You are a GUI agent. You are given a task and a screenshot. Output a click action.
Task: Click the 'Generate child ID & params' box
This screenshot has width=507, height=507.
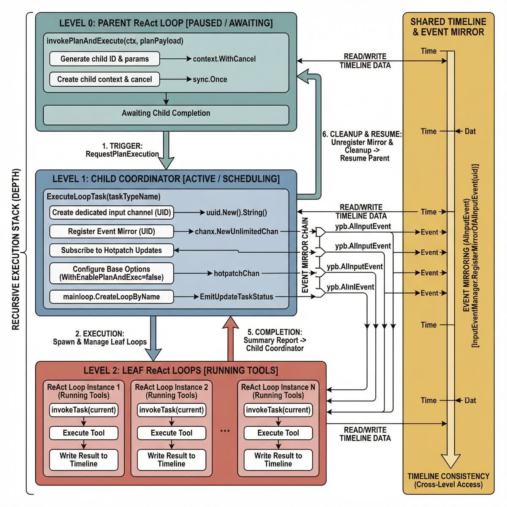(x=104, y=59)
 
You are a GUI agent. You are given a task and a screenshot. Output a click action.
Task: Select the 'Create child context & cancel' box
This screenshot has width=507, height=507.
(x=104, y=79)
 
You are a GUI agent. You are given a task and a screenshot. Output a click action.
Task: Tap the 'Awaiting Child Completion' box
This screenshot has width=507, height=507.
(x=166, y=113)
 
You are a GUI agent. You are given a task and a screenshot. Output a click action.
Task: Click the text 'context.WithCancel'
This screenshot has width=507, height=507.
(x=224, y=59)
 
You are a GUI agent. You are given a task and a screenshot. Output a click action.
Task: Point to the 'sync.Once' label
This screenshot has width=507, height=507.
(x=210, y=79)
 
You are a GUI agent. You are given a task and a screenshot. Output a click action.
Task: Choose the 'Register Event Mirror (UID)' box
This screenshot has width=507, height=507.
(x=112, y=232)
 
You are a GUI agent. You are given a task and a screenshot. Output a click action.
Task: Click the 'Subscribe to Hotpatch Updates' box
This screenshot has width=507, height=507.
(x=112, y=250)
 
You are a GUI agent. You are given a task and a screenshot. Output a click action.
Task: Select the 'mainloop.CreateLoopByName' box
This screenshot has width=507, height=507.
(x=112, y=297)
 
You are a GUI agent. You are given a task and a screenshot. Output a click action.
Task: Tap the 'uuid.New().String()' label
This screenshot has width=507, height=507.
(x=236, y=213)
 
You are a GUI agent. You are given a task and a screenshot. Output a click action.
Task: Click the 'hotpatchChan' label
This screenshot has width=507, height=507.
(x=236, y=273)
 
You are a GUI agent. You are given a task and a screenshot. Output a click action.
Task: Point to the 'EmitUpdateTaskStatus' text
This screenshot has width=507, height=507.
(x=236, y=297)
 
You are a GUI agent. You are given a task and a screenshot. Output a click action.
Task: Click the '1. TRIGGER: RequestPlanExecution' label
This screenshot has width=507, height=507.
(x=122, y=150)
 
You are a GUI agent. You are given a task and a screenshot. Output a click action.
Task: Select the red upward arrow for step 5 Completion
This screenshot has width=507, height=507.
(x=231, y=338)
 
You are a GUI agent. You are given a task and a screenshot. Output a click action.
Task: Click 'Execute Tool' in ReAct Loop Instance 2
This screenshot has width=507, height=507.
(x=172, y=433)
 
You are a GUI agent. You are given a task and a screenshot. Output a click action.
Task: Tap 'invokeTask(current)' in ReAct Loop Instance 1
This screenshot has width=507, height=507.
(x=84, y=410)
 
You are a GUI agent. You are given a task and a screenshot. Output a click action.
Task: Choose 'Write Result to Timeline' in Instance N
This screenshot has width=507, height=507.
(x=278, y=460)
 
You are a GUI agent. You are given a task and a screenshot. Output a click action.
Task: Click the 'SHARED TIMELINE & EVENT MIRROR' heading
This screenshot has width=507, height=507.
(x=448, y=27)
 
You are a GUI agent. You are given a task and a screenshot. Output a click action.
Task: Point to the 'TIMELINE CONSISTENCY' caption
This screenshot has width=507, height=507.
(x=448, y=476)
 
